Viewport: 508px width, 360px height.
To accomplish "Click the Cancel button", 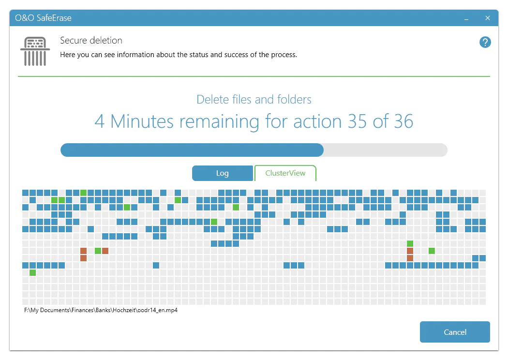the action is tap(455, 332).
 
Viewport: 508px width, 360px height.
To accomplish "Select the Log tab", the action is tap(222, 173).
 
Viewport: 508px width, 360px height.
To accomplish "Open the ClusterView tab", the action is tap(285, 173).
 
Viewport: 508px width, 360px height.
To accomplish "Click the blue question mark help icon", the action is tap(485, 42).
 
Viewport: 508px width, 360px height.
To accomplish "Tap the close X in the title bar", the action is tap(488, 18).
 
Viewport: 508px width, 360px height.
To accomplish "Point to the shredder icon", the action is tap(35, 51).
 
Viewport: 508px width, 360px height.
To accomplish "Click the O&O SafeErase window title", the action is tap(43, 18).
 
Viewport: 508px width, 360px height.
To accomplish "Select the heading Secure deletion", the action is tap(91, 40).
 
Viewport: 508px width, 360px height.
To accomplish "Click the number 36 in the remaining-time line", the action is tap(403, 121).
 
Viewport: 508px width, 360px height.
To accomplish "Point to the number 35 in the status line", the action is tap(358, 121).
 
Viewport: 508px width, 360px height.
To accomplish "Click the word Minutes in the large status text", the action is tap(142, 121).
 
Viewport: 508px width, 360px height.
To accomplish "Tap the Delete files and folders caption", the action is tap(254, 100).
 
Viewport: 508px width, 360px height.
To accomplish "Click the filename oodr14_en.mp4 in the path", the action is tap(157, 310).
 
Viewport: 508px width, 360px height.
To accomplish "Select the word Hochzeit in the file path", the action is tap(124, 310).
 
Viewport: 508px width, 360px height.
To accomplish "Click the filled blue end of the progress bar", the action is tap(319, 150).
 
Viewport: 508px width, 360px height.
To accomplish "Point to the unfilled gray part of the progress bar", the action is tap(386, 150).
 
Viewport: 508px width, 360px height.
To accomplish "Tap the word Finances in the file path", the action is tap(83, 310).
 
